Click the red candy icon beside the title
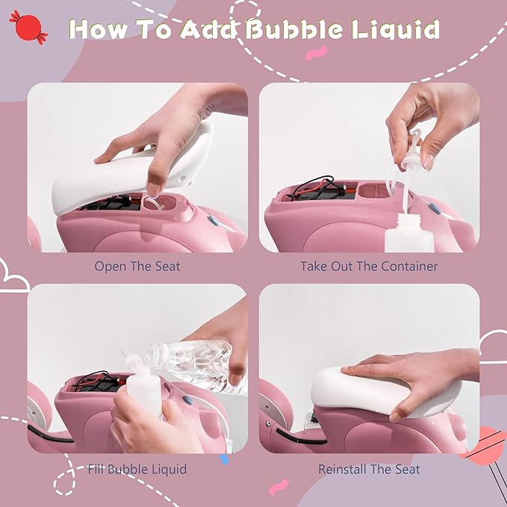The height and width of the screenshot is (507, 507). click(28, 27)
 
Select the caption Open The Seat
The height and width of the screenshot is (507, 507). click(137, 267)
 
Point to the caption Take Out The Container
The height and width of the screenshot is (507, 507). click(369, 267)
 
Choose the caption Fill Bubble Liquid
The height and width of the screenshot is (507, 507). click(137, 469)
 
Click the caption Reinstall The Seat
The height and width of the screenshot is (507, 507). click(369, 469)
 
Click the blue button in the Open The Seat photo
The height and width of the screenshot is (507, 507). click(214, 220)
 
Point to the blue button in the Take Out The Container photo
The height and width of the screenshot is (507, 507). click(435, 209)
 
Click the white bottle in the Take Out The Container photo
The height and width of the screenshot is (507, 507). click(409, 234)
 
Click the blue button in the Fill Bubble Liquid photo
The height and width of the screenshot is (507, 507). click(187, 400)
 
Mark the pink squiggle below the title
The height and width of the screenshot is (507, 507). click(317, 53)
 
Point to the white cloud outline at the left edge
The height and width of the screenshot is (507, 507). click(13, 278)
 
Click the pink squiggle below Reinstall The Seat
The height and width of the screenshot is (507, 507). click(278, 487)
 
